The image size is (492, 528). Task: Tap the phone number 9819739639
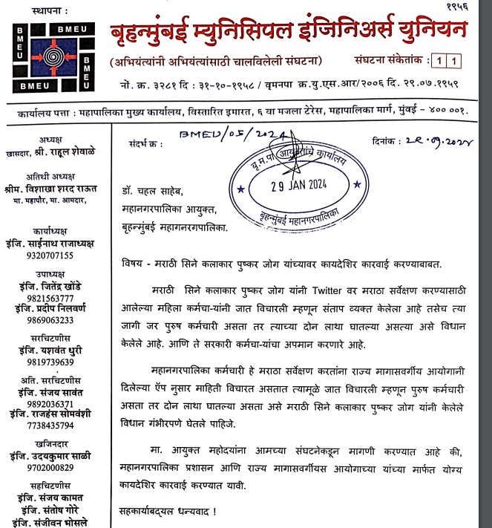coord(51,362)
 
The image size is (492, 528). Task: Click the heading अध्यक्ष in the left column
coord(51,139)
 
